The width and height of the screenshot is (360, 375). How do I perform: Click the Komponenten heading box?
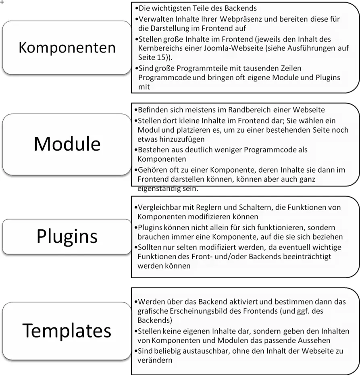pyautogui.click(x=67, y=48)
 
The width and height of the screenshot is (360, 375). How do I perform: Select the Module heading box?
pyautogui.click(x=67, y=144)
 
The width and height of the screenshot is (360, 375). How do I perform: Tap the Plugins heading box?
pyautogui.click(x=67, y=237)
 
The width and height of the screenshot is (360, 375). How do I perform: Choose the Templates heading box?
pyautogui.click(x=67, y=331)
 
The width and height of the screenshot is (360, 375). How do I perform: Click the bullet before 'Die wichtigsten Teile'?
pyautogui.click(x=137, y=8)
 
